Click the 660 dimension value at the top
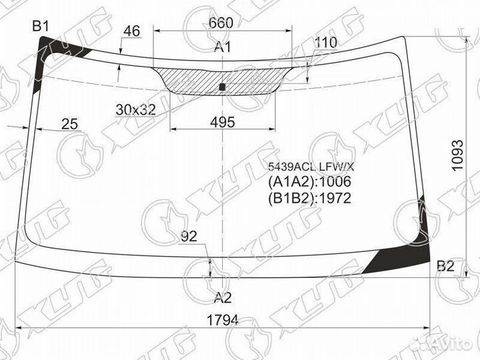tap(221, 23)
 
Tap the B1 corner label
tap(41, 27)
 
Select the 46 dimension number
tap(131, 31)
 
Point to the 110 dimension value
tap(325, 43)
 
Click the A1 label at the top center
tap(223, 47)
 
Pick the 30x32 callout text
tap(135, 110)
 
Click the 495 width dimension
tap(223, 122)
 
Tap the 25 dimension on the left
tap(70, 124)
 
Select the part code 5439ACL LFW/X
tap(311, 167)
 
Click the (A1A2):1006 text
tap(309, 181)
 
